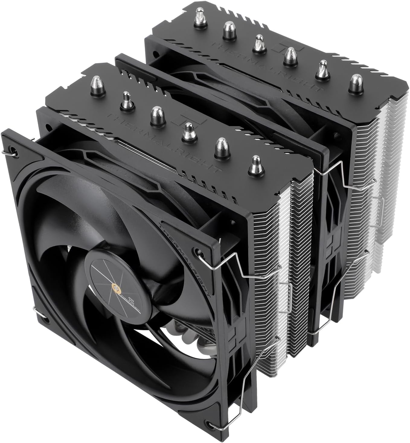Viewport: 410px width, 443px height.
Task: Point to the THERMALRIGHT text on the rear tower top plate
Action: click(x=266, y=65)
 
